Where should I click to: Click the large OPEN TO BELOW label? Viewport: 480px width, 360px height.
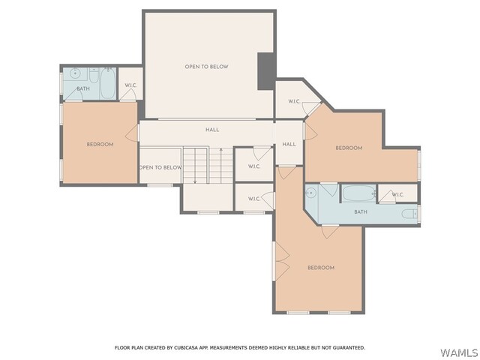207,67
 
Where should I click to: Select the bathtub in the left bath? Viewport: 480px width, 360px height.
108,83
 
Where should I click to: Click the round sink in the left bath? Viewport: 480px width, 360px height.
75,73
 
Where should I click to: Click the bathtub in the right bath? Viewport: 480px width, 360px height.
358,193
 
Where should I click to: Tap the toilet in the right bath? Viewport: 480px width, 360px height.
409,214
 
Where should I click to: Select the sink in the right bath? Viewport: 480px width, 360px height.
310,193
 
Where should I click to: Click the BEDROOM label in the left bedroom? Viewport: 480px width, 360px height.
100,144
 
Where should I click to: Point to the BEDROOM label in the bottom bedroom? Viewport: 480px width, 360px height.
321,268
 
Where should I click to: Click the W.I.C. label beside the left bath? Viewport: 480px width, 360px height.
130,85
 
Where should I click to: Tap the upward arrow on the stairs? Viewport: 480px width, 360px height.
221,166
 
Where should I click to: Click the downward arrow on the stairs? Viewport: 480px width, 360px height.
195,166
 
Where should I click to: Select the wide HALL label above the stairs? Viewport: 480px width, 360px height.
212,130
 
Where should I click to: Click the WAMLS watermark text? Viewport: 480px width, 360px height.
459,352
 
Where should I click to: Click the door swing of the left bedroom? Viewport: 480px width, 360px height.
132,133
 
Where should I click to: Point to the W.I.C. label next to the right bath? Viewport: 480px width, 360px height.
397,194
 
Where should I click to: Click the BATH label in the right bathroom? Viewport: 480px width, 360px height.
361,211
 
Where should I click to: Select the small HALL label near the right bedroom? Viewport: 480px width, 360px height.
289,144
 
